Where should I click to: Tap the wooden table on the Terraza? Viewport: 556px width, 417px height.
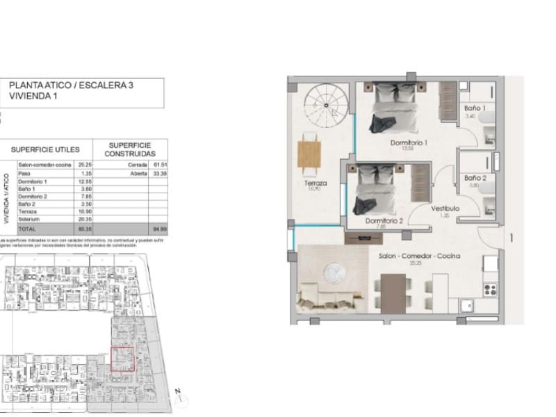(x=309, y=154)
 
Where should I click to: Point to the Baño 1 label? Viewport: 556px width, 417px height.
(x=475, y=109)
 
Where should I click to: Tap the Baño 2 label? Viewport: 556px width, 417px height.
(x=475, y=179)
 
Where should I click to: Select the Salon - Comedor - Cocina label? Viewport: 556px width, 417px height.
(x=419, y=256)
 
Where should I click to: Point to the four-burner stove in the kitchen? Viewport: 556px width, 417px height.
(x=490, y=288)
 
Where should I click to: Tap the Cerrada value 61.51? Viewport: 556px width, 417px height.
(x=158, y=165)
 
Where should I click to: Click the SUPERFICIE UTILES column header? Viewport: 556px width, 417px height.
(x=44, y=149)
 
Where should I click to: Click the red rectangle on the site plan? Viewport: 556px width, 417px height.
(x=123, y=359)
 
